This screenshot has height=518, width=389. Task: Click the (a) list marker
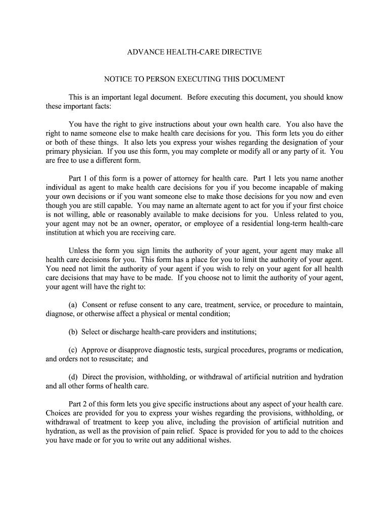point(74,305)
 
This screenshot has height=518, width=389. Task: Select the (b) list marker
point(74,332)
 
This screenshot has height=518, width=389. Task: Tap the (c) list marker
point(74,350)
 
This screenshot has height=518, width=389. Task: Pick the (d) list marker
point(74,377)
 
